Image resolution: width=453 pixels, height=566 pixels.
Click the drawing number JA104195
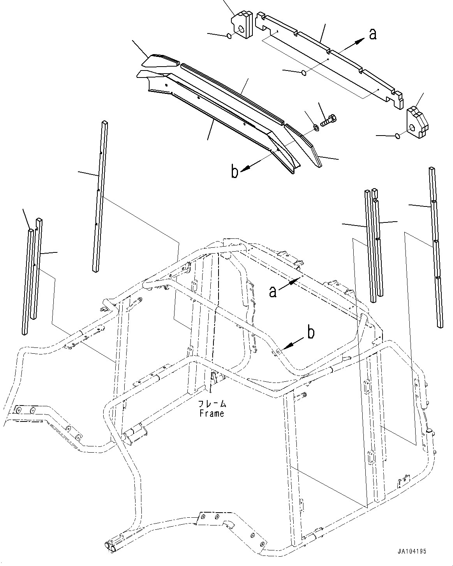pos(412,551)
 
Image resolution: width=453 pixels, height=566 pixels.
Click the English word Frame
pos(212,414)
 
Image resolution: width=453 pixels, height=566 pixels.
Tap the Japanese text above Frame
pos(212,404)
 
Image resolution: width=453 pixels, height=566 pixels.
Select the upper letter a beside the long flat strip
pos(373,34)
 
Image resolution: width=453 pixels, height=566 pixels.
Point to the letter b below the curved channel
pos(234,172)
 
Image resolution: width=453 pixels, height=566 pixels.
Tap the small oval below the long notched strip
pos(304,72)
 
